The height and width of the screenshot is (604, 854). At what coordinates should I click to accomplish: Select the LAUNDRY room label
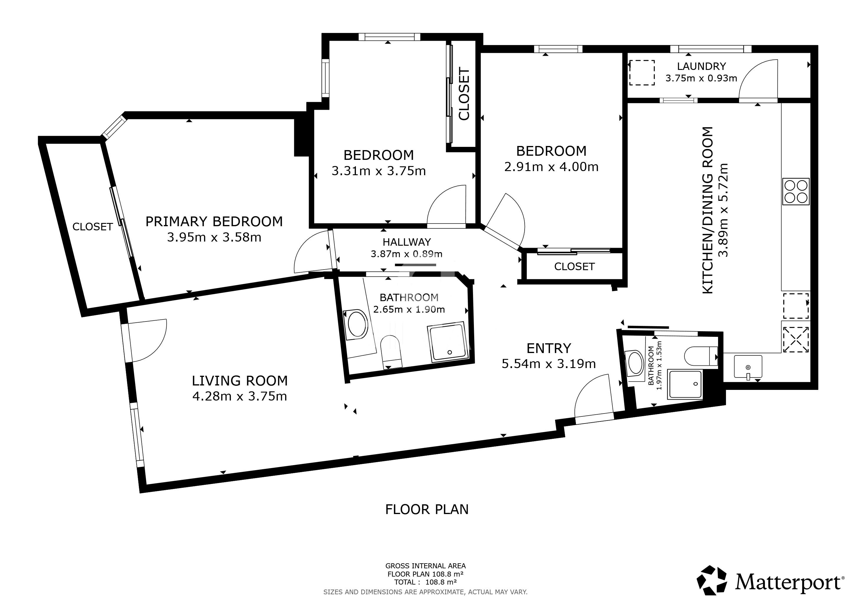point(701,66)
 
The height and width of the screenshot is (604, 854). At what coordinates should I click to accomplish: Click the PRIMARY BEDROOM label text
point(214,222)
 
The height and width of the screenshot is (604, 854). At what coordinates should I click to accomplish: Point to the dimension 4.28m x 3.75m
point(239,396)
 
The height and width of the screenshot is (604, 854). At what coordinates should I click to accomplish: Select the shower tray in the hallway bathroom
point(446,342)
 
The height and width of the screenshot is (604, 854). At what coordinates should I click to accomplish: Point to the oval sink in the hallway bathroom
point(357,324)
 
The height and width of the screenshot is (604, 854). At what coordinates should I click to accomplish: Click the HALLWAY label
point(407,242)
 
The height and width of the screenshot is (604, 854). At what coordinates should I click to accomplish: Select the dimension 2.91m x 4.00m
point(551,167)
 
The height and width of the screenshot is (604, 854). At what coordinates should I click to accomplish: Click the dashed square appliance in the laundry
point(642,73)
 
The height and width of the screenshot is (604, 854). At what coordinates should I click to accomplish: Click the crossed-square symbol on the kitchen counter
point(796,339)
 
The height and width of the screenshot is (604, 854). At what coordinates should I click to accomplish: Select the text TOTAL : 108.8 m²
point(426,582)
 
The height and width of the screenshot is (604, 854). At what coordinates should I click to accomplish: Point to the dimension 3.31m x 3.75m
point(379,171)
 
